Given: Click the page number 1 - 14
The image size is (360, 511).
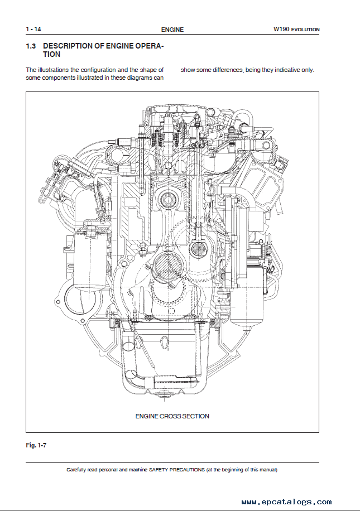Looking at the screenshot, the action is [33, 29].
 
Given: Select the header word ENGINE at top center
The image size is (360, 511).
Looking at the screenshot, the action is [172, 30].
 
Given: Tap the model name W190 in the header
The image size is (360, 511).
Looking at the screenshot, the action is [281, 29].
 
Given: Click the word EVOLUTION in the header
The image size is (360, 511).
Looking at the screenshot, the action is [305, 30].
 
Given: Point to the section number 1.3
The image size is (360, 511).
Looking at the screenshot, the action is [31, 46].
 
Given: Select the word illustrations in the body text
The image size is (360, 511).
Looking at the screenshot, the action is [54, 70].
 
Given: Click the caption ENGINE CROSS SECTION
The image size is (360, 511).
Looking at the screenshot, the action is [172, 416].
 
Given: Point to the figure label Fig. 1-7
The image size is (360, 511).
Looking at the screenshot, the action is [36, 445].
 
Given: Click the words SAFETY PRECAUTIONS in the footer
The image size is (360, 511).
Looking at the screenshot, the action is [177, 470].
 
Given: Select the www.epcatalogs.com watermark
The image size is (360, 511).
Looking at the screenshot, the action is [287, 502].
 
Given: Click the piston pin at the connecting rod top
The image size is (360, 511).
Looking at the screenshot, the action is [168, 198].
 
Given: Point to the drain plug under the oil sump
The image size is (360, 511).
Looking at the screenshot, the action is [160, 396].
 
